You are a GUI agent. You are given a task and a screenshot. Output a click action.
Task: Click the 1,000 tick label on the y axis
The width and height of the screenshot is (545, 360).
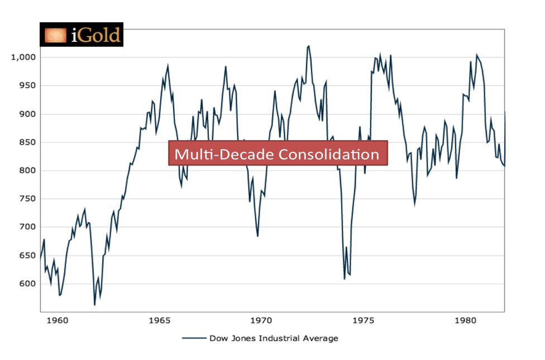pos(23,57)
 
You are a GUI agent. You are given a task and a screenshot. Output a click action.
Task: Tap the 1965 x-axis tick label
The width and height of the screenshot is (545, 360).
pos(159,321)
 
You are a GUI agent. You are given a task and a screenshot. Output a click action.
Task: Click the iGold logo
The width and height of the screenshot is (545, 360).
pos(82,35)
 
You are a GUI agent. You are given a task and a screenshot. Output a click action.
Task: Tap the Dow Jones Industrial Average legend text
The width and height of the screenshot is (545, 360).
pos(273,338)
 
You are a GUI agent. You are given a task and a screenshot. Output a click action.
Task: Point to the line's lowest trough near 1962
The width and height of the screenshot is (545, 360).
pos(94,305)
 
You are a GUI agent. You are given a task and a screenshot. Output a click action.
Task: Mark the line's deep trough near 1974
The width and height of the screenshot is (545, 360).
pos(345,279)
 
